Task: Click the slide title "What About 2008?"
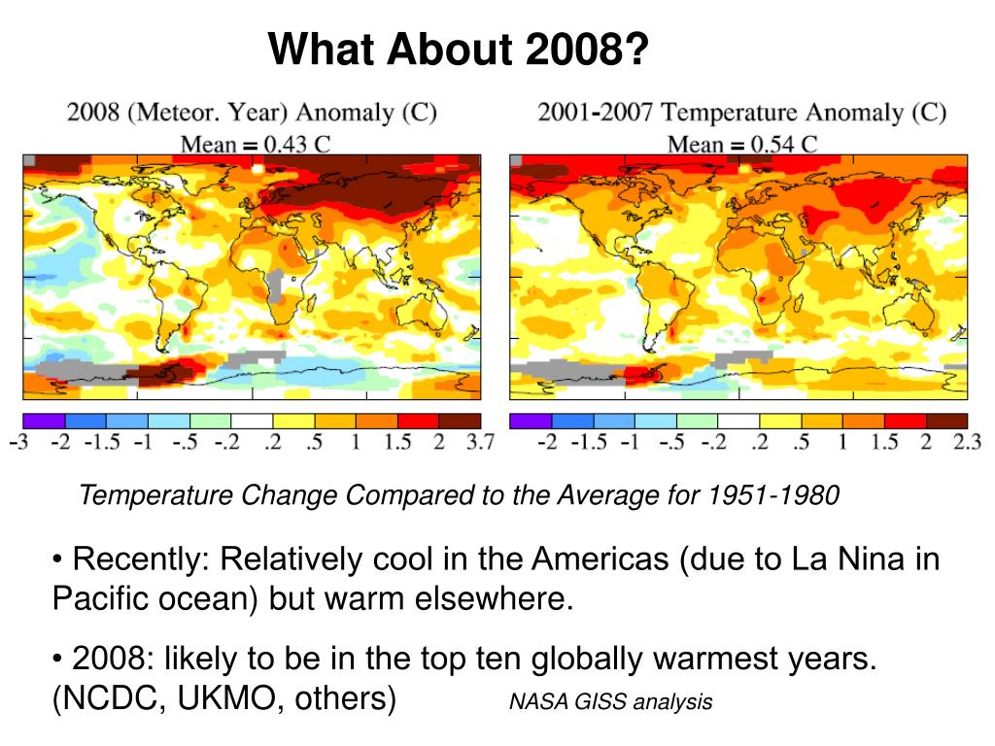[x=458, y=50]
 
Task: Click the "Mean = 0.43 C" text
[x=256, y=144]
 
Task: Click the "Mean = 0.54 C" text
[x=741, y=144]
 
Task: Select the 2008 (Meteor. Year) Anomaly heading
[x=252, y=113]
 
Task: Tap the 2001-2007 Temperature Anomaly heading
[x=741, y=113]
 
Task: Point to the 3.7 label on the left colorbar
[x=480, y=442]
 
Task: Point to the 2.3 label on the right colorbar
[x=965, y=442]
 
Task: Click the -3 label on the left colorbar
[x=19, y=442]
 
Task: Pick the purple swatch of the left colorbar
[x=44, y=421]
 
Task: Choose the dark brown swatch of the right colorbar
[x=947, y=421]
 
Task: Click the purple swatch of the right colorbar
[x=531, y=421]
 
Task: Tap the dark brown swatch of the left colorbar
[x=460, y=421]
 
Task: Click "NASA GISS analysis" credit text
[x=610, y=701]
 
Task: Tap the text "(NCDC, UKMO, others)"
[x=224, y=698]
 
